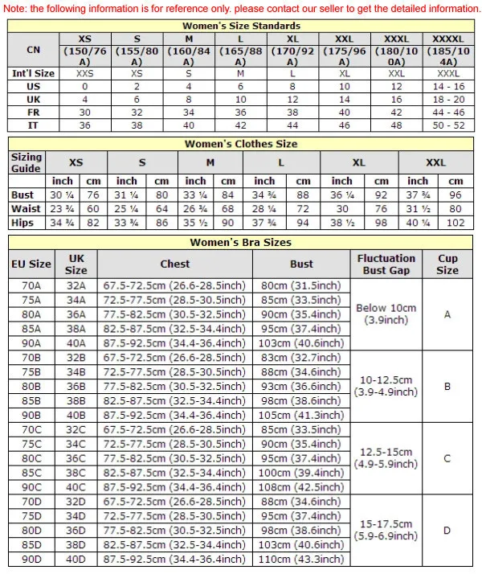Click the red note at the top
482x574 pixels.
pos(241,8)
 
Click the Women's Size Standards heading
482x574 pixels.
pos(241,26)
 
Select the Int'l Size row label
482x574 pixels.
pos(33,73)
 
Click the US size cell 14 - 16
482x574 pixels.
pos(447,86)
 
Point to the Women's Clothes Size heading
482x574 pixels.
pos(241,144)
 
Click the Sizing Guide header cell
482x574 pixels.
pos(27,162)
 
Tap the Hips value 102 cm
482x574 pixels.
pos(455,223)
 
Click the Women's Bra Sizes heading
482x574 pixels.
pos(241,242)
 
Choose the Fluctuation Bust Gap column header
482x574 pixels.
pos(386,264)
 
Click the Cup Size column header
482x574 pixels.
pos(447,264)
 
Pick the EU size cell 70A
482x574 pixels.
pos(32,285)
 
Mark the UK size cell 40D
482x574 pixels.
pos(76,559)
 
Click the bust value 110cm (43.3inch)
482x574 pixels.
pos(301,559)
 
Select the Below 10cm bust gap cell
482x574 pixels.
pos(386,314)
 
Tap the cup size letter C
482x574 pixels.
pos(447,457)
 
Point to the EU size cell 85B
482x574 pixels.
pos(32,400)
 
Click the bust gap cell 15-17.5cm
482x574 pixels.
pos(386,530)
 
